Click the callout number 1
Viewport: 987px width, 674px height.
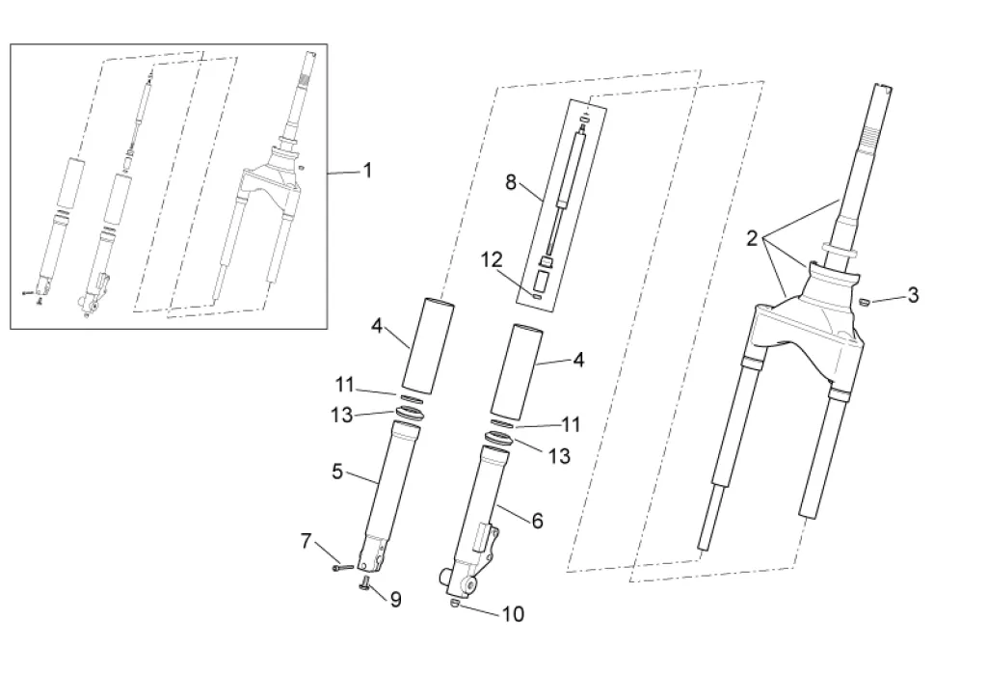(367, 171)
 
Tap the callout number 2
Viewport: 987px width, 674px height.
(752, 239)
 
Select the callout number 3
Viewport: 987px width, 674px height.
(913, 295)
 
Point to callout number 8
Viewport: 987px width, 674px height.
(511, 182)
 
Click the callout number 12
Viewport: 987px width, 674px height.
(493, 259)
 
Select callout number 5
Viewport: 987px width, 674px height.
(337, 472)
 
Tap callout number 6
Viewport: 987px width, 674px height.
(537, 521)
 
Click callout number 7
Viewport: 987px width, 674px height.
(307, 541)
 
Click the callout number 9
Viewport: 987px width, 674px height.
(395, 599)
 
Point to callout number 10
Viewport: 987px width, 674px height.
(513, 614)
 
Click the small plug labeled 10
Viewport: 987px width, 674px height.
(455, 605)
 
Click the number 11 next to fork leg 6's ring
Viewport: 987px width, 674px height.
(571, 424)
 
